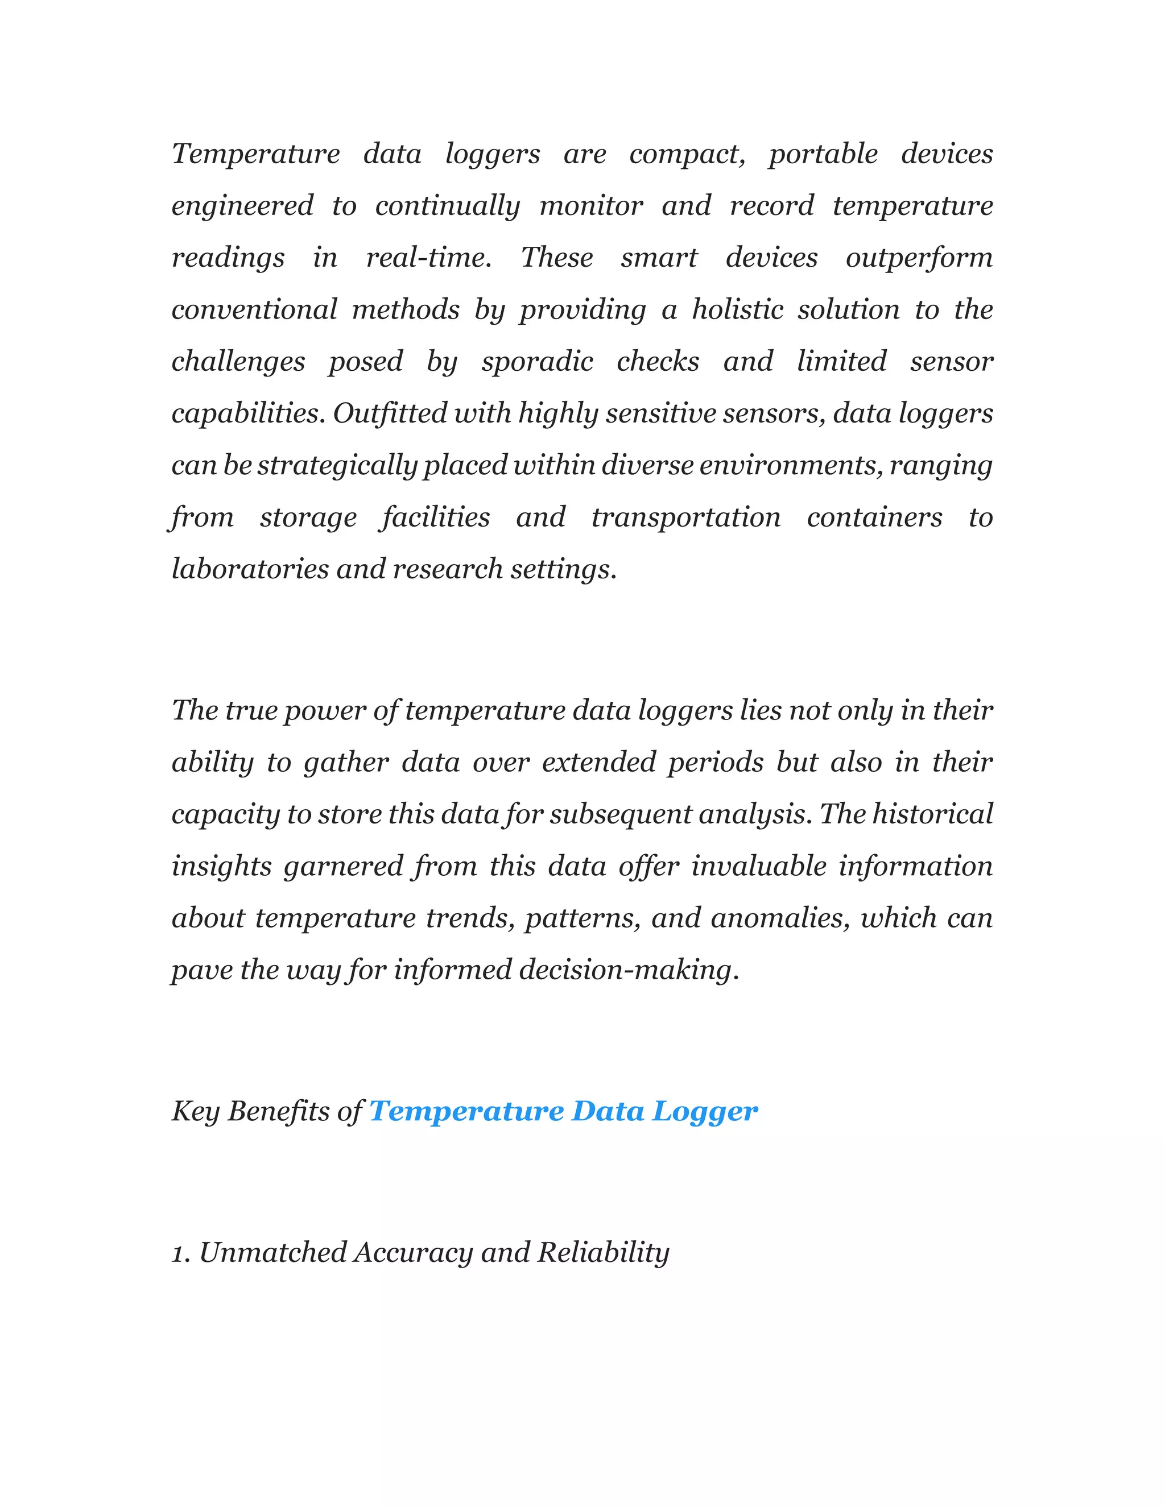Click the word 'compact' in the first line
pyautogui.click(x=687, y=154)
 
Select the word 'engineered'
pyautogui.click(x=242, y=206)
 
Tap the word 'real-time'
pyautogui.click(x=428, y=258)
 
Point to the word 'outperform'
pyautogui.click(x=919, y=258)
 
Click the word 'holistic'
pyautogui.click(x=737, y=309)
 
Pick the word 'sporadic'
pyautogui.click(x=537, y=361)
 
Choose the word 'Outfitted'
pyautogui.click(x=389, y=413)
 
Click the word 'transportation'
pyautogui.click(x=685, y=517)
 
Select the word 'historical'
pyautogui.click(x=932, y=814)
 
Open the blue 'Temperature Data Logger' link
pyautogui.click(x=563, y=1112)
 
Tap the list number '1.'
pyautogui.click(x=181, y=1253)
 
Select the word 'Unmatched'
pyautogui.click(x=272, y=1253)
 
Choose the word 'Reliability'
pyautogui.click(x=602, y=1253)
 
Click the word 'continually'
pyautogui.click(x=447, y=206)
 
